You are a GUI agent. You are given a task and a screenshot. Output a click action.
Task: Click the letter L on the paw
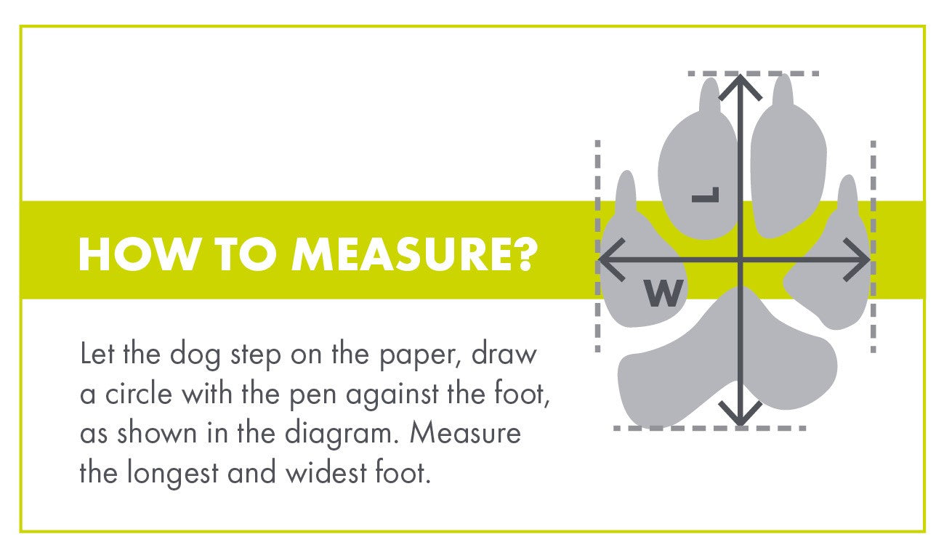(705, 195)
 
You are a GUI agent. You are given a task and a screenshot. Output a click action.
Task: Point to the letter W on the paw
(663, 293)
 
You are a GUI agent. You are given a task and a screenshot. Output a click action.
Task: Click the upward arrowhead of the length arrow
(740, 88)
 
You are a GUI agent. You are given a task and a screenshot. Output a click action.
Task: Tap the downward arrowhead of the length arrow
(740, 413)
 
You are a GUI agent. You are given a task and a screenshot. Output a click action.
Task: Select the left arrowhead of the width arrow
(612, 259)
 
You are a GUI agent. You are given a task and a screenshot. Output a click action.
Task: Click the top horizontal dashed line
(754, 74)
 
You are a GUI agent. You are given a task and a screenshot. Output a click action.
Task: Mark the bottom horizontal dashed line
(710, 428)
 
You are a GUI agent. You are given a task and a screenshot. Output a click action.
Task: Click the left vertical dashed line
(597, 246)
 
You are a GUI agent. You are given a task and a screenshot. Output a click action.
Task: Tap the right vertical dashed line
(874, 246)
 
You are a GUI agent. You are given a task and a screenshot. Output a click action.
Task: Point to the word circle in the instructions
(139, 393)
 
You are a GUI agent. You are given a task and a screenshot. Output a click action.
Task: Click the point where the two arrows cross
(740, 259)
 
